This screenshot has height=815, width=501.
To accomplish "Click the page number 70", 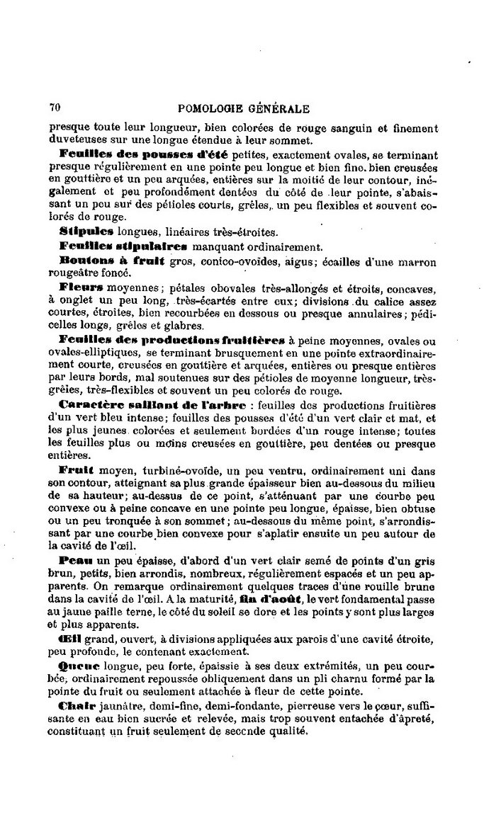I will [x=54, y=108].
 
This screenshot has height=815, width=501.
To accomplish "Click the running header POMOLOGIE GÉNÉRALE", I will [x=242, y=108].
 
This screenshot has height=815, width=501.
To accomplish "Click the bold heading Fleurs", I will [x=82, y=289].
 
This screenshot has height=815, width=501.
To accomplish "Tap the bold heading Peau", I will [x=74, y=559].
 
